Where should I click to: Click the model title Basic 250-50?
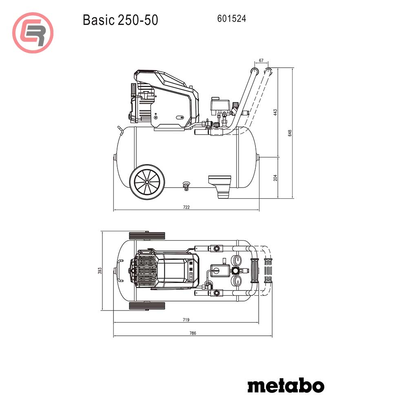pyautogui.click(x=120, y=20)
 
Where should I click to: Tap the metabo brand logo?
pyautogui.click(x=286, y=385)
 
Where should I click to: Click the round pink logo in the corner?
pyautogui.click(x=33, y=33)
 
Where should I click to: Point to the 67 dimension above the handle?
pyautogui.click(x=261, y=60)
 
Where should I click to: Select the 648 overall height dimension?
pyautogui.click(x=290, y=133)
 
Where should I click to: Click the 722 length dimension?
pyautogui.click(x=186, y=207)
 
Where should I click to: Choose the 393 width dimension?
pyautogui.click(x=99, y=271)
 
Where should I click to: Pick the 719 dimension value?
pyautogui.click(x=186, y=320)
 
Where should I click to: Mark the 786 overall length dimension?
pyautogui.click(x=193, y=333)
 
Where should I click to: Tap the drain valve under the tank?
pyautogui.click(x=186, y=185)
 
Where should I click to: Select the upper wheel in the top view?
pyautogui.click(x=147, y=236)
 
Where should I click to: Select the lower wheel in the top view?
pyautogui.click(x=147, y=306)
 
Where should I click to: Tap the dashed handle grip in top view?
pyautogui.click(x=268, y=271)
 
